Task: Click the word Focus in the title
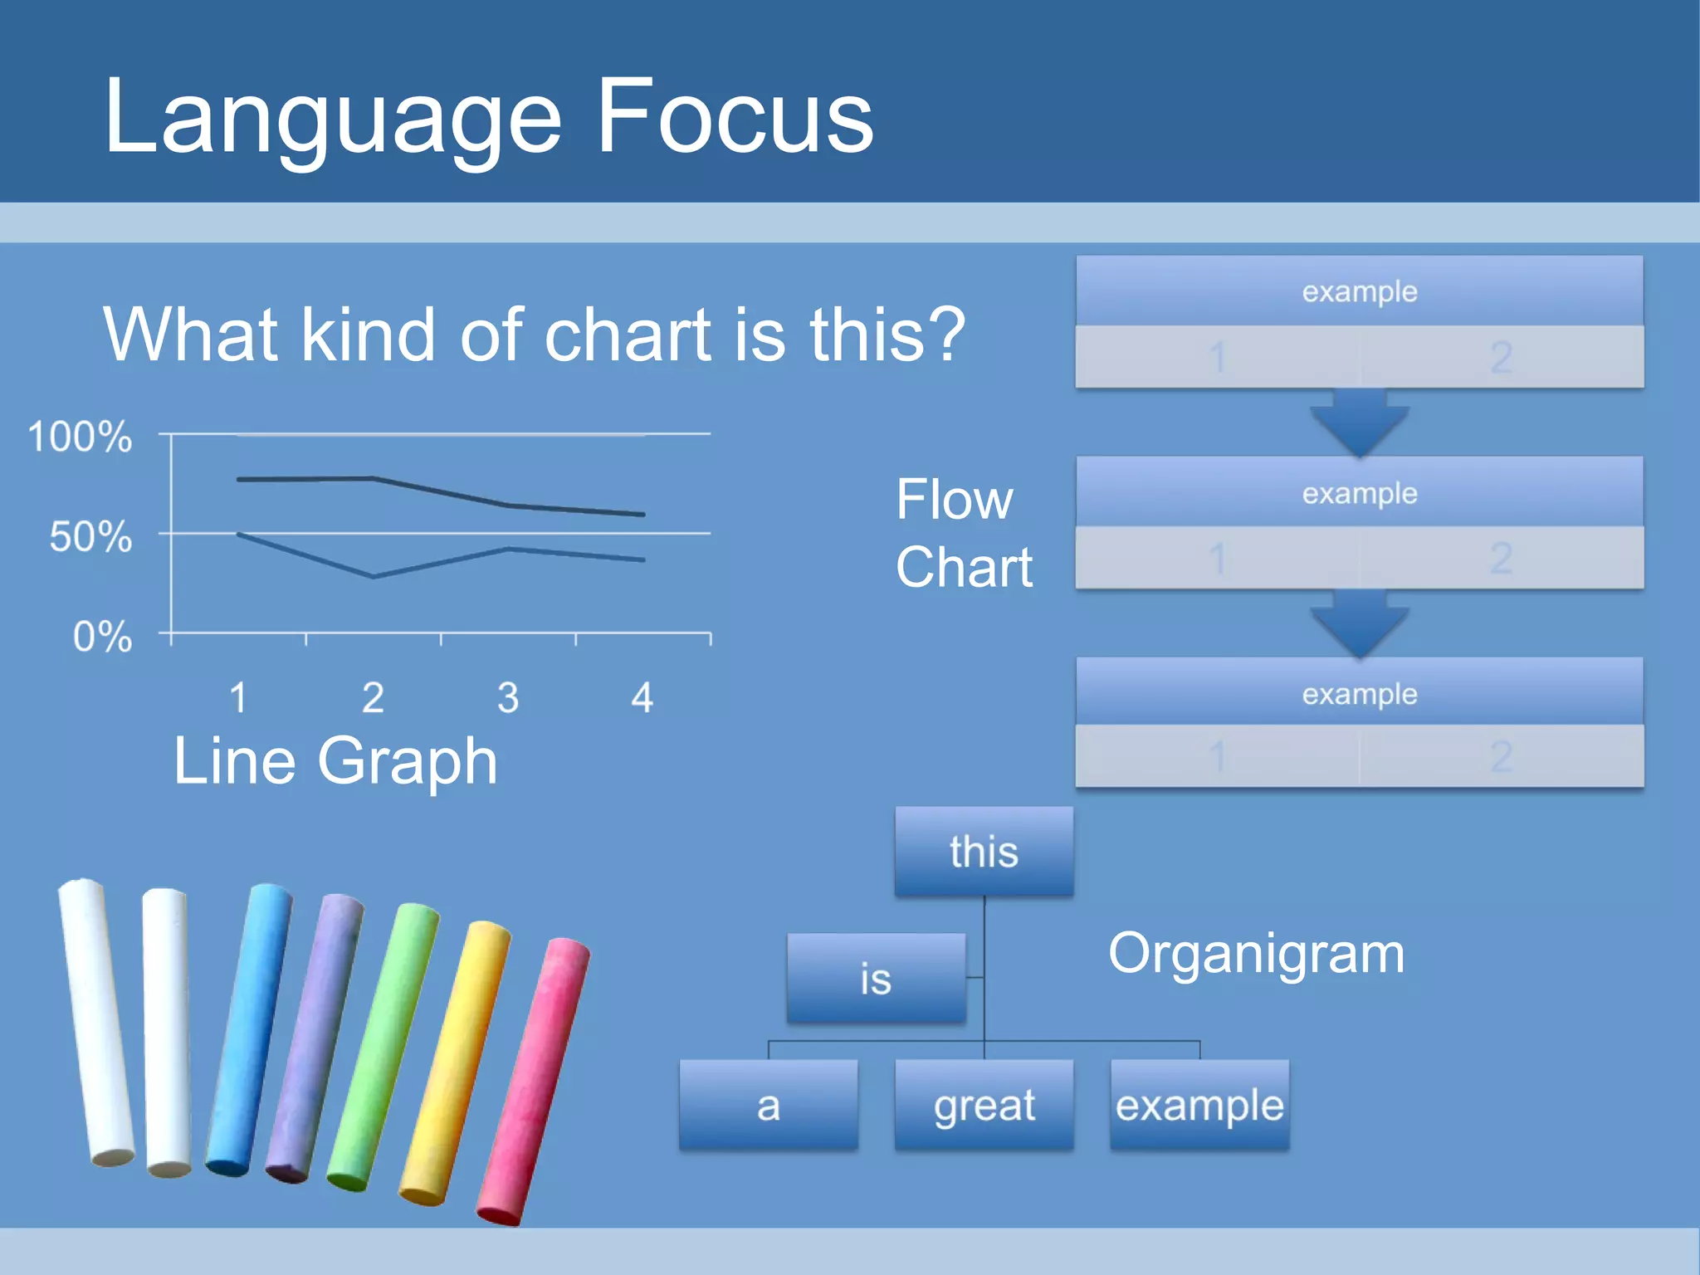(x=734, y=117)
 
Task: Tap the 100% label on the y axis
(x=80, y=437)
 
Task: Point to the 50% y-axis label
(x=90, y=537)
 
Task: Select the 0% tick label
(x=102, y=637)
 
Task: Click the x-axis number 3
(x=508, y=698)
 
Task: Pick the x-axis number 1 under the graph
(x=238, y=698)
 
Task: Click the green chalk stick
(x=383, y=1046)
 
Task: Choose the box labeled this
(x=984, y=852)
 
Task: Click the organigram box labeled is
(x=876, y=979)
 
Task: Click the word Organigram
(x=1256, y=954)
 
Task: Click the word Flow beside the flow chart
(x=955, y=500)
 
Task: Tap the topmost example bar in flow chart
(x=1359, y=291)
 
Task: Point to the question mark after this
(x=947, y=334)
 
